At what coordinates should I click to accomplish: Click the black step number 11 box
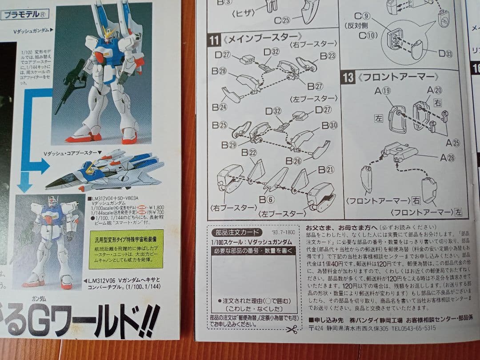click(214, 40)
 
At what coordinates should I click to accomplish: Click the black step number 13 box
click(348, 77)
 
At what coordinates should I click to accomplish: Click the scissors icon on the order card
click(292, 329)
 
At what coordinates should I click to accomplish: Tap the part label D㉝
click(445, 54)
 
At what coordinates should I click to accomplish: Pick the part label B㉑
click(327, 169)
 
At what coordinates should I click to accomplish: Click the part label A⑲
click(382, 91)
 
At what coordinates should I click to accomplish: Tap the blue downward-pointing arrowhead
click(24, 183)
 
